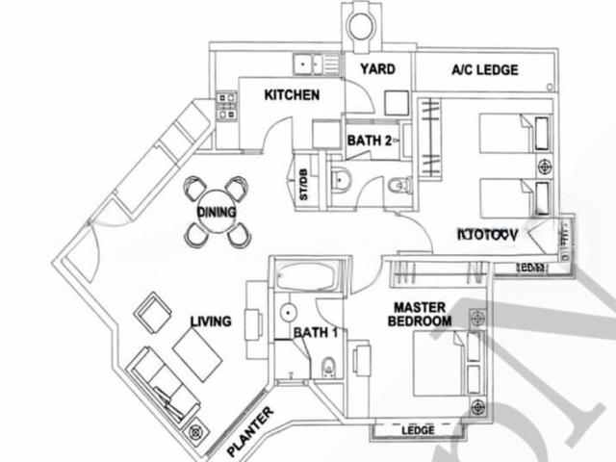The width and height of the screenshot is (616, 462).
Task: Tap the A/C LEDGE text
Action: [485, 70]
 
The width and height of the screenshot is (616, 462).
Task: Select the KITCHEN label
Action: [292, 95]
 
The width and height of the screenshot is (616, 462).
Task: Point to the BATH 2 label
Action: [369, 141]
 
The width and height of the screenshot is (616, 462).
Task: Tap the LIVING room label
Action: [210, 321]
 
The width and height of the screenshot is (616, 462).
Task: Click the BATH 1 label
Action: [316, 333]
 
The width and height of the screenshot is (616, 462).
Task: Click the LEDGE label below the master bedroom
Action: [418, 429]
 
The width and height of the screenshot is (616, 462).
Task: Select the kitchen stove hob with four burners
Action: [227, 106]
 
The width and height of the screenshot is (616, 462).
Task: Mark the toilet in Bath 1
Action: [329, 366]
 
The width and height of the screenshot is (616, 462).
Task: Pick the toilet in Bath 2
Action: [396, 185]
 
